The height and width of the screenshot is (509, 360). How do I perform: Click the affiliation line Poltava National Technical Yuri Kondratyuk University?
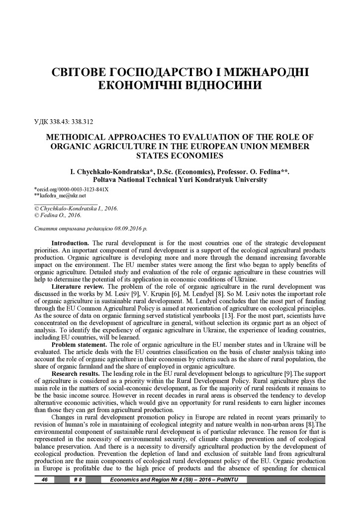180,180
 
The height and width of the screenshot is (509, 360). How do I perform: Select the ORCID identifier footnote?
71,189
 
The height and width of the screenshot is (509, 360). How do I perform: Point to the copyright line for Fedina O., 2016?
58,215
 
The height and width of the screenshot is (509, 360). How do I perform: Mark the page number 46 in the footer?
45,480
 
